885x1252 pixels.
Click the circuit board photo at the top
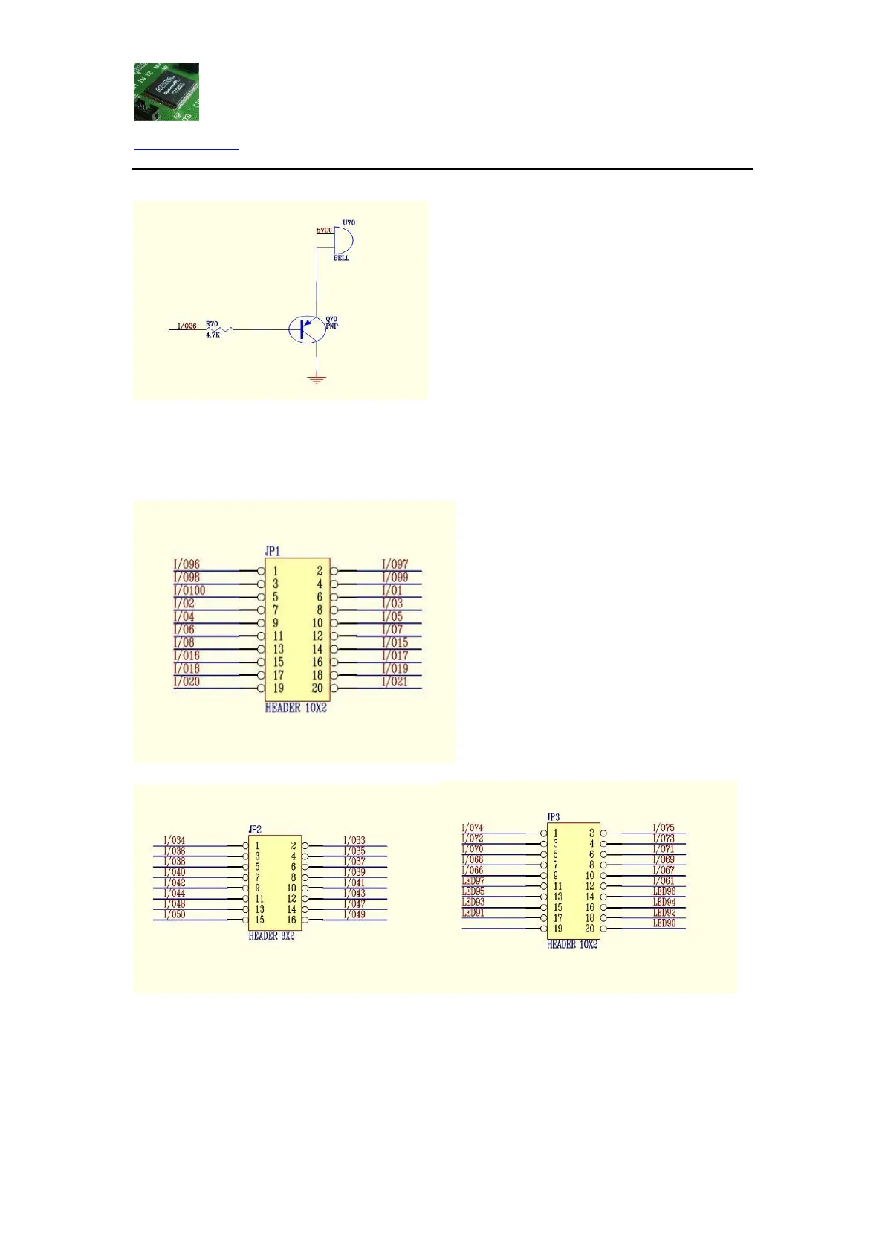click(x=166, y=91)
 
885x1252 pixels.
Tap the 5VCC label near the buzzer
click(x=324, y=230)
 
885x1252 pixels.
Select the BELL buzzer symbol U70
click(x=343, y=240)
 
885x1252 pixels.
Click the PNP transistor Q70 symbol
click(x=307, y=329)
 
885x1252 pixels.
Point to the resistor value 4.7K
click(x=213, y=335)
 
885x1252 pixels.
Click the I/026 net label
click(x=187, y=326)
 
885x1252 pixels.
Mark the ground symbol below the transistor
click(x=317, y=379)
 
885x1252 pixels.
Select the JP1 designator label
click(x=273, y=551)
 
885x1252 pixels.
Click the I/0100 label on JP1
click(x=189, y=590)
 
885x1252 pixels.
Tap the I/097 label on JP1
click(x=395, y=564)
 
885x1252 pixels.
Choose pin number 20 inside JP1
click(x=317, y=688)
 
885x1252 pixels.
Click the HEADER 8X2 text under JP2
click(x=271, y=936)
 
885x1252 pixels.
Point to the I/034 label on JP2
click(x=175, y=840)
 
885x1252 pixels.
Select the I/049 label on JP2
click(x=354, y=914)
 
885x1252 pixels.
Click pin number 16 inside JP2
click(x=291, y=920)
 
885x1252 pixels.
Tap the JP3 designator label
click(x=554, y=817)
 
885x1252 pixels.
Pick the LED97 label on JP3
click(x=473, y=881)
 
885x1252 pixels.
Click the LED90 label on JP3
click(x=664, y=923)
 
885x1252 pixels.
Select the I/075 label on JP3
click(x=664, y=827)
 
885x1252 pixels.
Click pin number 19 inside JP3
click(x=557, y=929)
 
